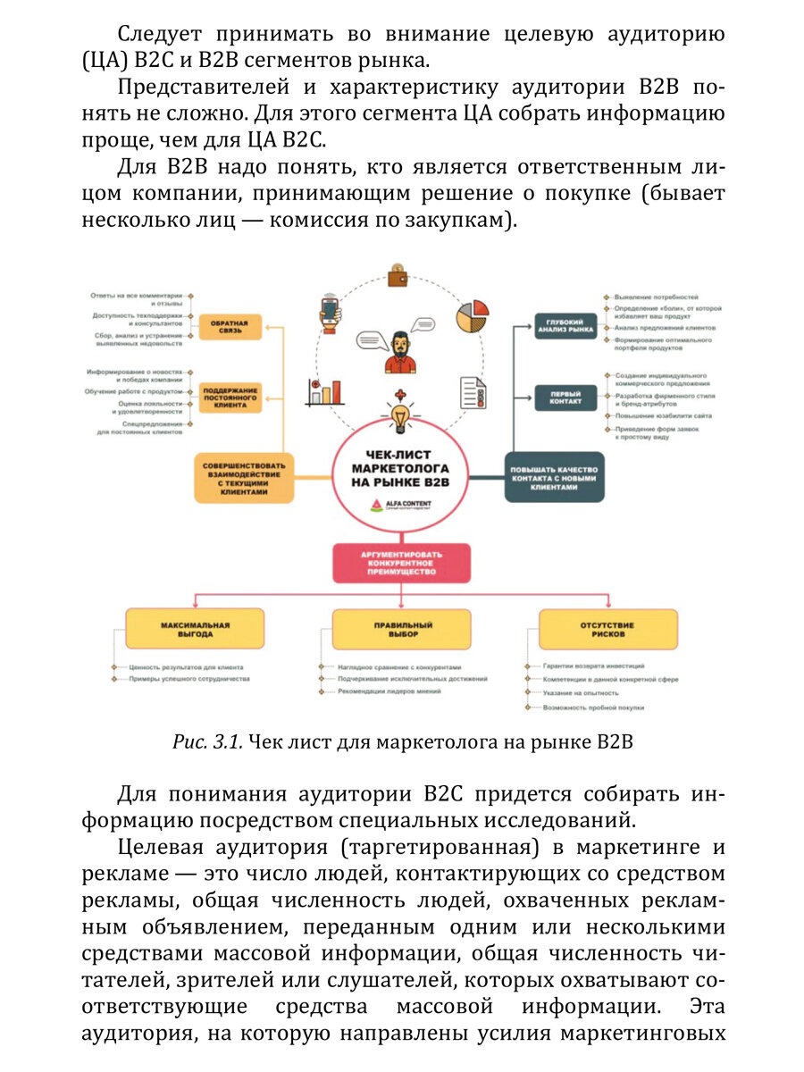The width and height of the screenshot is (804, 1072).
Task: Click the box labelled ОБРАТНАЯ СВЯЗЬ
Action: [230, 326]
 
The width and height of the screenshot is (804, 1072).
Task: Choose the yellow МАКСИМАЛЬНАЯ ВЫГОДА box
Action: [194, 629]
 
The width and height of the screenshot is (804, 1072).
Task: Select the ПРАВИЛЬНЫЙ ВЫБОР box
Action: [401, 629]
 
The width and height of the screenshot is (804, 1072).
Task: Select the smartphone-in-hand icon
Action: [331, 312]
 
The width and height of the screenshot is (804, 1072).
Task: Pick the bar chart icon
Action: [325, 390]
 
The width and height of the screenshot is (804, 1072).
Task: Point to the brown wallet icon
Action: [399, 275]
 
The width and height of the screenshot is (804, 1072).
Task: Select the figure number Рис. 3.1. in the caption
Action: [208, 742]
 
